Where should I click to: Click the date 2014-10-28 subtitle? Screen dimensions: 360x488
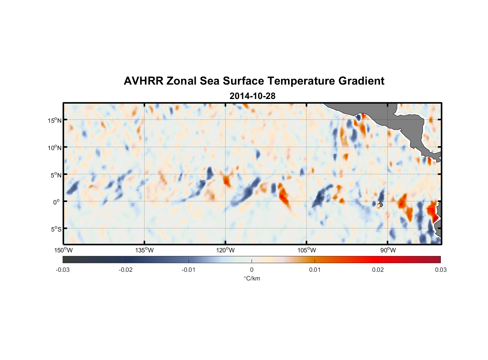click(252, 96)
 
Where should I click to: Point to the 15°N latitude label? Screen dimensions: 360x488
click(54, 120)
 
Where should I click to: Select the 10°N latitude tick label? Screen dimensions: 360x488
click(54, 148)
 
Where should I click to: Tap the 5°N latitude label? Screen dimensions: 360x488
click(56, 175)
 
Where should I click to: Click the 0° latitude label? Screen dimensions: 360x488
click(57, 202)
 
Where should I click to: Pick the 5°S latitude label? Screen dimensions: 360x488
click(56, 229)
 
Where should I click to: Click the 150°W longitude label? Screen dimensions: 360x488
click(63, 250)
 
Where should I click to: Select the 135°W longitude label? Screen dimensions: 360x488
click(144, 250)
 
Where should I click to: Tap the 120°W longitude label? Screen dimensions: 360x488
click(225, 250)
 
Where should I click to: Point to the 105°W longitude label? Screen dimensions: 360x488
click(307, 250)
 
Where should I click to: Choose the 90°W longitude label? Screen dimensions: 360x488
click(388, 250)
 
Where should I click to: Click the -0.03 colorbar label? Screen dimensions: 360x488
click(63, 270)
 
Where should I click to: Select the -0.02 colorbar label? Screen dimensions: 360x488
click(126, 270)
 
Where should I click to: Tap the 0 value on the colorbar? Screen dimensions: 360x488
click(252, 270)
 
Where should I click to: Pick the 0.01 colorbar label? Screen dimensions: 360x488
click(315, 270)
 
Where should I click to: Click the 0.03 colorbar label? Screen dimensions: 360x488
click(440, 270)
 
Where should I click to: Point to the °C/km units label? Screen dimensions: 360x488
click(252, 278)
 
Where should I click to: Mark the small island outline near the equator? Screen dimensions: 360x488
click(380, 204)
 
